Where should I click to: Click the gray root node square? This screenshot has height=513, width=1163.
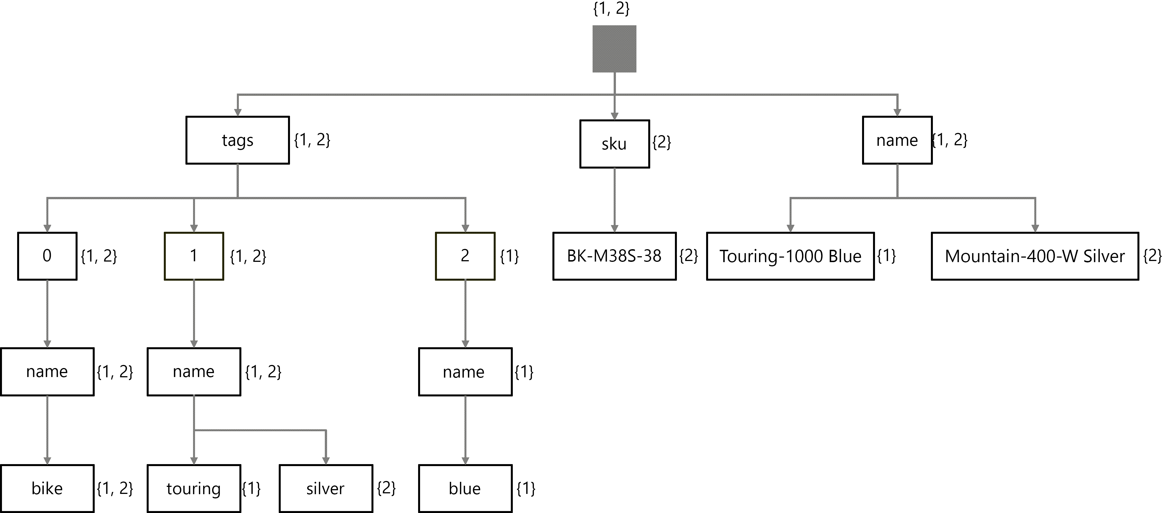pos(614,49)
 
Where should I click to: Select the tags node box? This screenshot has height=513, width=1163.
pos(237,140)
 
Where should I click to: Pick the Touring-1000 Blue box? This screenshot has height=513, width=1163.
pos(790,256)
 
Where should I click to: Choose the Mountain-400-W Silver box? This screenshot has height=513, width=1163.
pos(1035,256)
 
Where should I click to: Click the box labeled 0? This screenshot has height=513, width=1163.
pos(47,256)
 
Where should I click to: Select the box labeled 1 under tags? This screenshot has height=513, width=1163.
pos(194,256)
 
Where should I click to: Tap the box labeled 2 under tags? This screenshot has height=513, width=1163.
pos(465,256)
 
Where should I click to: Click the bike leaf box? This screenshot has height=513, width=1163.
pos(47,488)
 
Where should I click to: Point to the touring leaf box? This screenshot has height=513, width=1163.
pos(194,488)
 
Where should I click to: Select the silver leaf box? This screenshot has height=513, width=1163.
pos(325,488)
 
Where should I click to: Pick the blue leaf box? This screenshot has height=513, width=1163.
pos(465,488)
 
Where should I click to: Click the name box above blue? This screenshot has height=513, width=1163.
pos(465,372)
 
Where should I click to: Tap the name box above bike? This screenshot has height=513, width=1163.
pos(47,372)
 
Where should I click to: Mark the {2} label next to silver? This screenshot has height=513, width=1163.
pos(386,488)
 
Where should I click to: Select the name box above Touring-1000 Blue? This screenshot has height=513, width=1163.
pos(897,140)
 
